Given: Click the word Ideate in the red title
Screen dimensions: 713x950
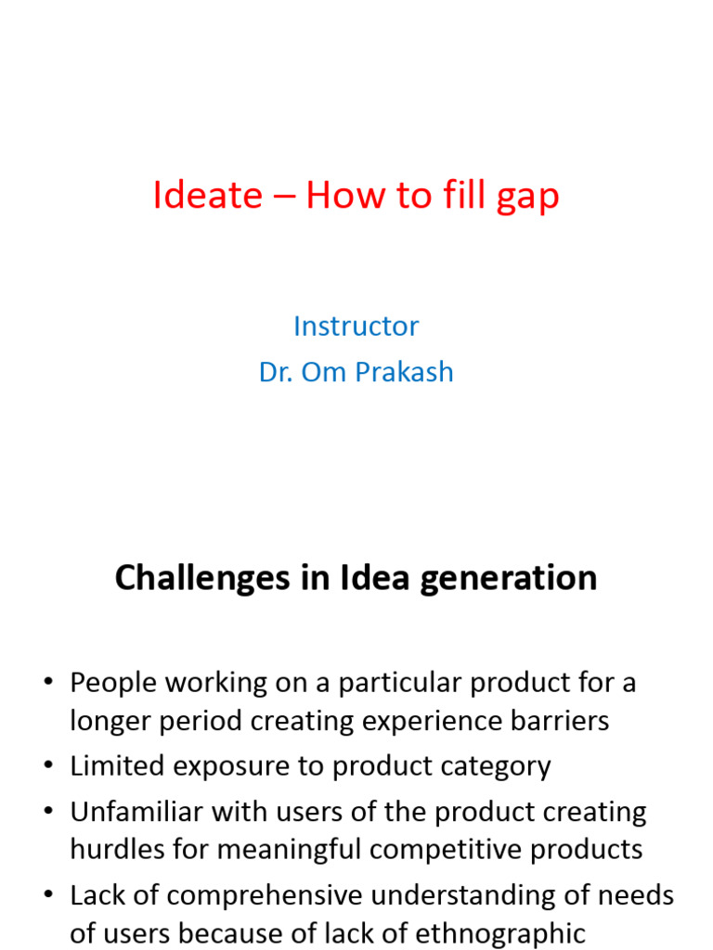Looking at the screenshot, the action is [207, 195].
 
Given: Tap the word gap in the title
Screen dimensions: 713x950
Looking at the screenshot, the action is [527, 199].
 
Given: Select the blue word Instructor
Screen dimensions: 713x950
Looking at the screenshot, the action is [356, 326].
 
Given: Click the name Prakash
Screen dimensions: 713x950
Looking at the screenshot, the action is [404, 371].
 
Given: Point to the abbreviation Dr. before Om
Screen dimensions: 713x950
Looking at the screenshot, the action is [276, 372].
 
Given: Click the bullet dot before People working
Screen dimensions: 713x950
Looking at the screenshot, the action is [48, 682].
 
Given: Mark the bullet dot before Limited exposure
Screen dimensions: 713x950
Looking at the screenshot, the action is [48, 765].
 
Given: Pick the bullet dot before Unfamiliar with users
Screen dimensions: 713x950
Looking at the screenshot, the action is [48, 811].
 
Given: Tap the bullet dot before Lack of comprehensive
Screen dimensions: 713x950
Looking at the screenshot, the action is [48, 894].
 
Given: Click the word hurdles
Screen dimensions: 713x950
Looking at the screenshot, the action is [117, 849].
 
